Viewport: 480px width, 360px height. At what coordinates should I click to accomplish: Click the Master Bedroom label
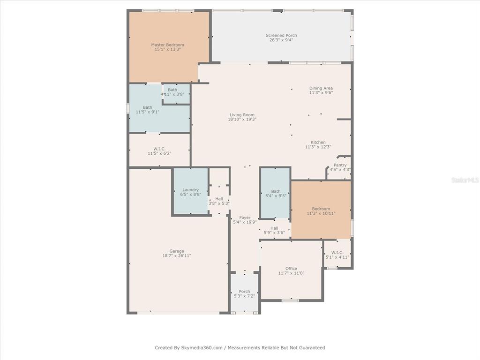coord(168,45)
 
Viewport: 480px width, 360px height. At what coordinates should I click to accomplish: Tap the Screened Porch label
coord(281,36)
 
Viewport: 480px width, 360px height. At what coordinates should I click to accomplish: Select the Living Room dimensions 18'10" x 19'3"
coord(242,120)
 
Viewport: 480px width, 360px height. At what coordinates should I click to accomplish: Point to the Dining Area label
coord(321,88)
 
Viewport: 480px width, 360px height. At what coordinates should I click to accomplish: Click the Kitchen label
coord(318,142)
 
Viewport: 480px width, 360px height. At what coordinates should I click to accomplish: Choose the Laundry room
coord(191,191)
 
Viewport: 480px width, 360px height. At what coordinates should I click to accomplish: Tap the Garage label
coord(177,251)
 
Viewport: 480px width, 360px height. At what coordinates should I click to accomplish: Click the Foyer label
coord(245,217)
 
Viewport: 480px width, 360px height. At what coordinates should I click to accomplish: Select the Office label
coord(291,269)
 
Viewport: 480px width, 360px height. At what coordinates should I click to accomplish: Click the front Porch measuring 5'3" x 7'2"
coord(244,293)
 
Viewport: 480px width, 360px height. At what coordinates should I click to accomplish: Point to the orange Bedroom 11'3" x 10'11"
coord(321,210)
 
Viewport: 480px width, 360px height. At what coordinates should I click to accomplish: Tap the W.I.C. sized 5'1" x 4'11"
coord(337,254)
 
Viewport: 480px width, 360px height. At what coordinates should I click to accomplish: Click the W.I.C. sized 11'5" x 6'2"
coord(159,150)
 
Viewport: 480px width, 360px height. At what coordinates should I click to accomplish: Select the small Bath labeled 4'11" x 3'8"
coord(176,93)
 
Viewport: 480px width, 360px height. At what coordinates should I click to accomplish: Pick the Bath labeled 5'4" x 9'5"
coord(275,193)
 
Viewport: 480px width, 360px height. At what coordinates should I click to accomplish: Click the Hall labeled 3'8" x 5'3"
coord(219,201)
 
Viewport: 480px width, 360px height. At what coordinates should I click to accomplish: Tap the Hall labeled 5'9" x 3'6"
coord(274,230)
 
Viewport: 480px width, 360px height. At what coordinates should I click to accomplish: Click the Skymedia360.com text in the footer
coord(202,348)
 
